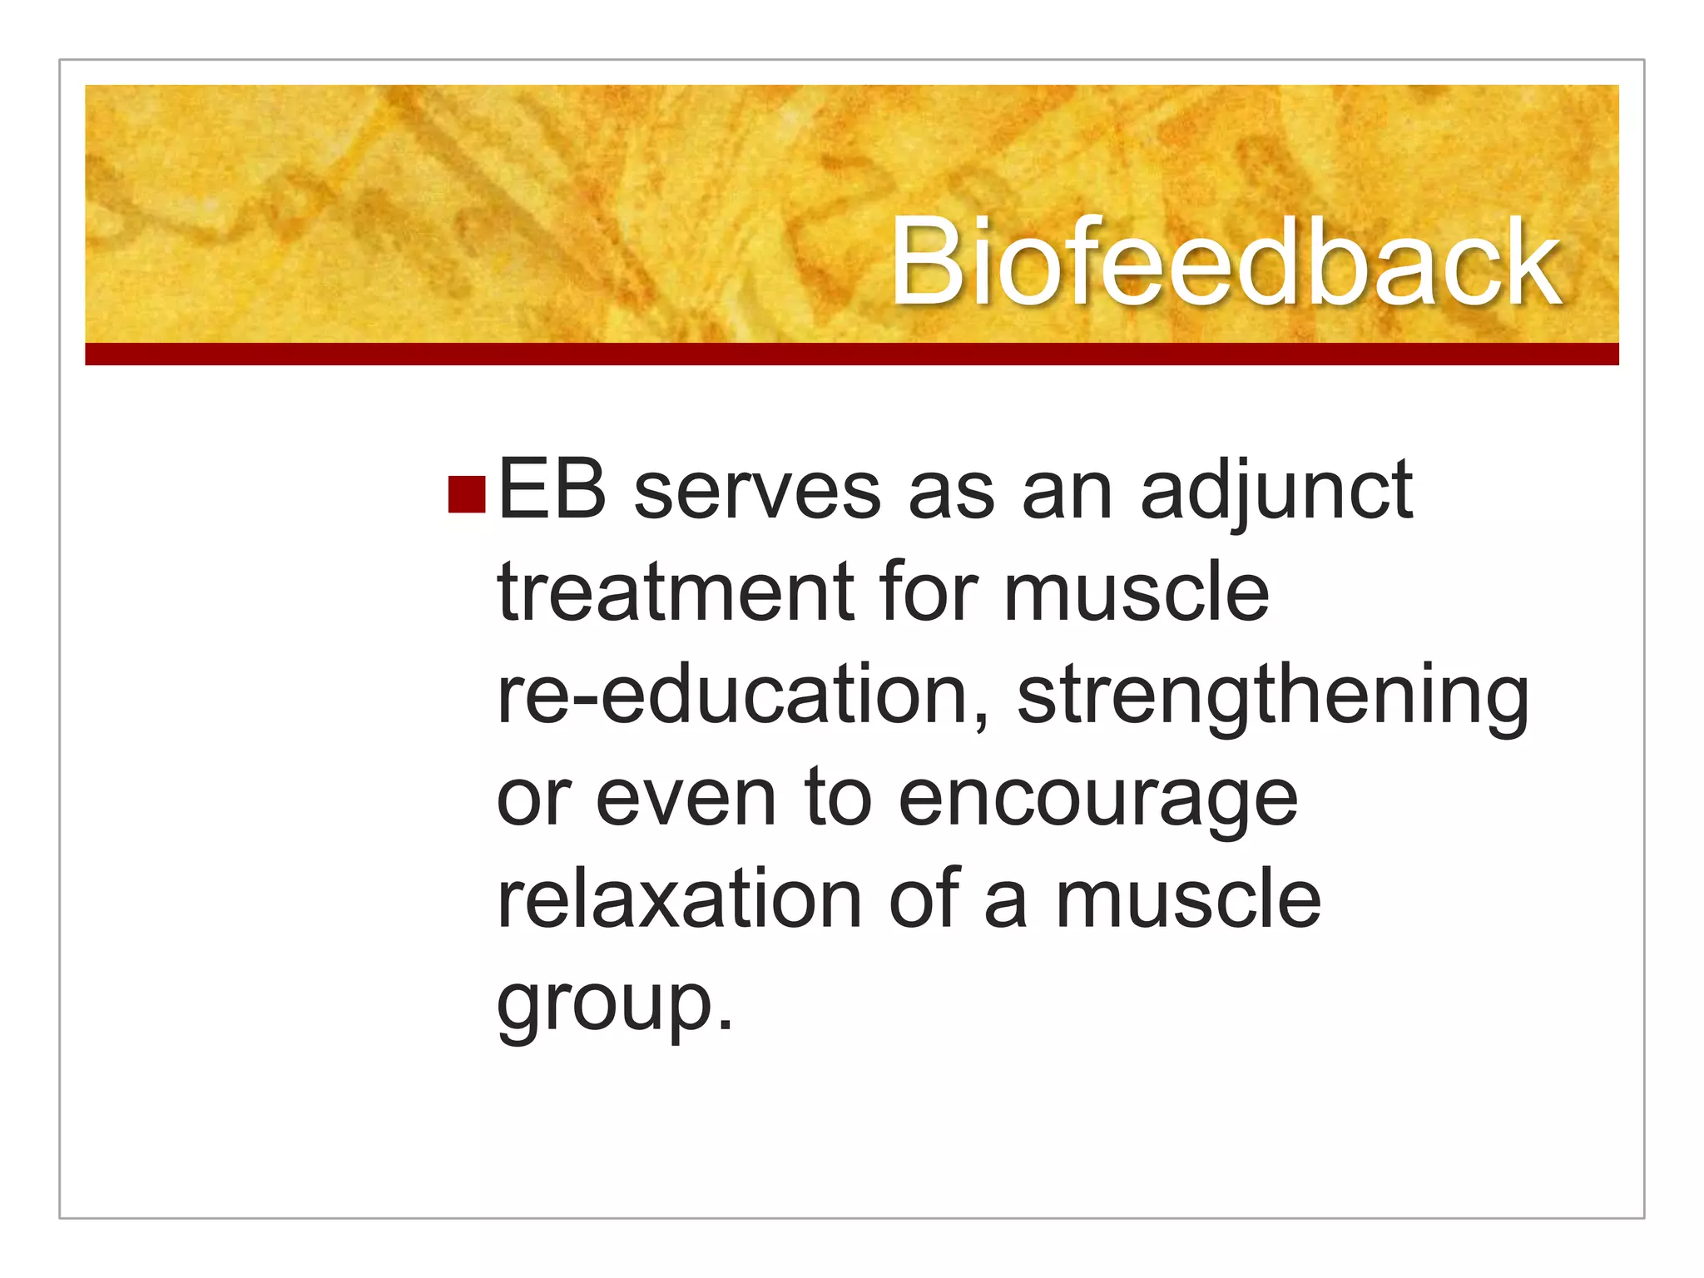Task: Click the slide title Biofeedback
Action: (x=1225, y=262)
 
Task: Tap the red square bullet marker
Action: (x=466, y=494)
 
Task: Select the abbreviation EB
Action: (x=552, y=492)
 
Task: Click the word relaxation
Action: (x=679, y=900)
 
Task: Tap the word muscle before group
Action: (x=1188, y=900)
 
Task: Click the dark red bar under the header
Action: (x=851, y=354)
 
